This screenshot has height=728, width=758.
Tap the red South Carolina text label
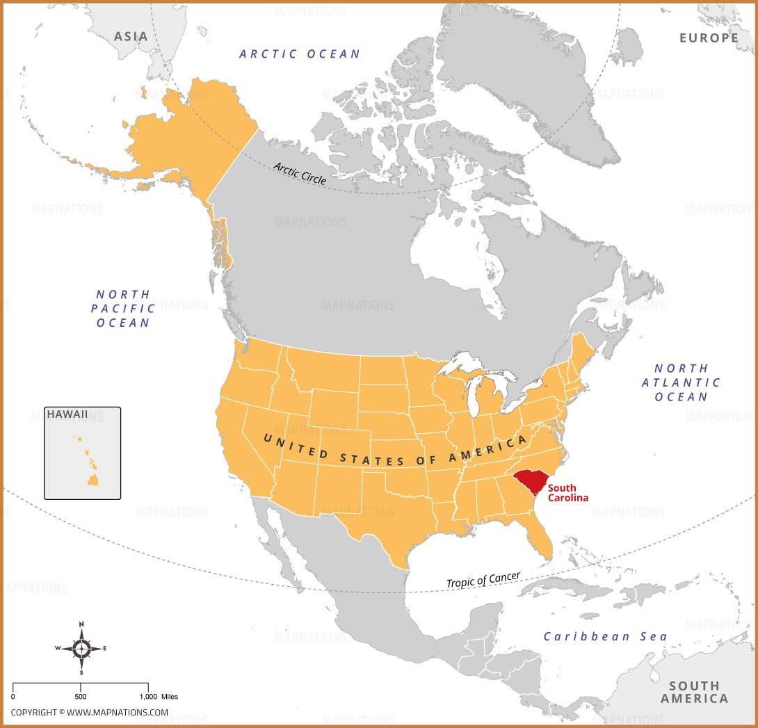[567, 493]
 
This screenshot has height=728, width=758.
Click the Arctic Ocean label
[300, 54]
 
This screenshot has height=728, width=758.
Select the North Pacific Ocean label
[124, 309]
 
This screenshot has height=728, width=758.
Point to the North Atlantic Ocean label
[681, 382]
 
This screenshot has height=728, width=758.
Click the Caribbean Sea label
[605, 636]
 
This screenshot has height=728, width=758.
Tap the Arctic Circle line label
[300, 172]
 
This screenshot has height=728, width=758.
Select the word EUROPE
[709, 38]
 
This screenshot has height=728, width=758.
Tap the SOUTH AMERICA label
[693, 692]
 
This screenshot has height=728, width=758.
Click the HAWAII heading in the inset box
[67, 414]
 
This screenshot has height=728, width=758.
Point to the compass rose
[81, 648]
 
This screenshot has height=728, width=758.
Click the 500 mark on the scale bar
[81, 696]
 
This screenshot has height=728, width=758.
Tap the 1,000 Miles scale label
[159, 696]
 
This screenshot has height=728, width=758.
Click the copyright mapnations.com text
[89, 712]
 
